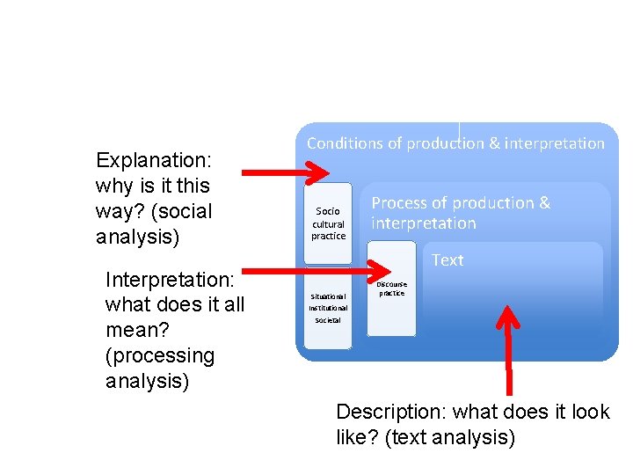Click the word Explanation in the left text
(152, 160)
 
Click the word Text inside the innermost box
(447, 260)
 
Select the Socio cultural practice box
(328, 223)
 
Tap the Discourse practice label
(391, 289)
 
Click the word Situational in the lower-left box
(328, 296)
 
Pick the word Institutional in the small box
(328, 308)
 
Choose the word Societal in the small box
(328, 320)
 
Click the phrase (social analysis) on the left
(154, 224)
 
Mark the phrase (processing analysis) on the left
(160, 369)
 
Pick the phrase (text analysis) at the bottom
(449, 436)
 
